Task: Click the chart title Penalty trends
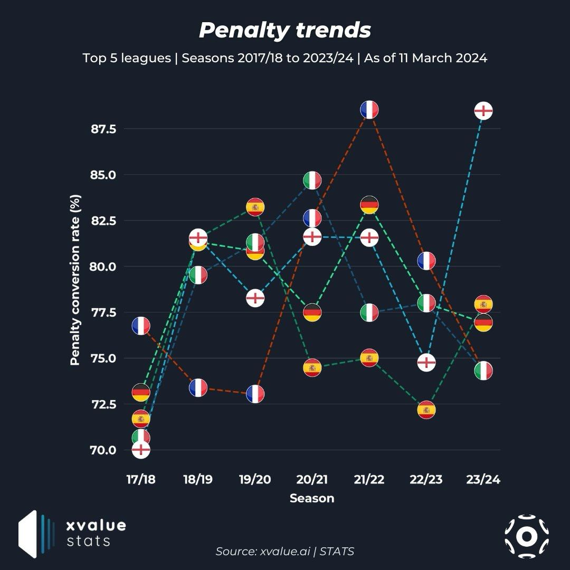coord(285,31)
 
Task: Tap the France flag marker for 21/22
coord(369,110)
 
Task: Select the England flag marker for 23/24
coord(483,111)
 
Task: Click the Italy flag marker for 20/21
coord(312,180)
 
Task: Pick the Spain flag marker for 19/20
coord(255,207)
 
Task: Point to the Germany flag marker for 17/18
coord(141,393)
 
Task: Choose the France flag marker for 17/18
coord(141,326)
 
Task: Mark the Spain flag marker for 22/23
coord(426,410)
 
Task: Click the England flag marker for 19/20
coord(255,298)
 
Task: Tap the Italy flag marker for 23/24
coord(483,370)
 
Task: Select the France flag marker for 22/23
coord(426,261)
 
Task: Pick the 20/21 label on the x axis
coord(312,480)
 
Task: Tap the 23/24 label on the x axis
coord(483,480)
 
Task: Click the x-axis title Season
coord(312,498)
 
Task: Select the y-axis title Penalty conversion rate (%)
coord(75,280)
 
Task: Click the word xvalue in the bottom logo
coord(96,526)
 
